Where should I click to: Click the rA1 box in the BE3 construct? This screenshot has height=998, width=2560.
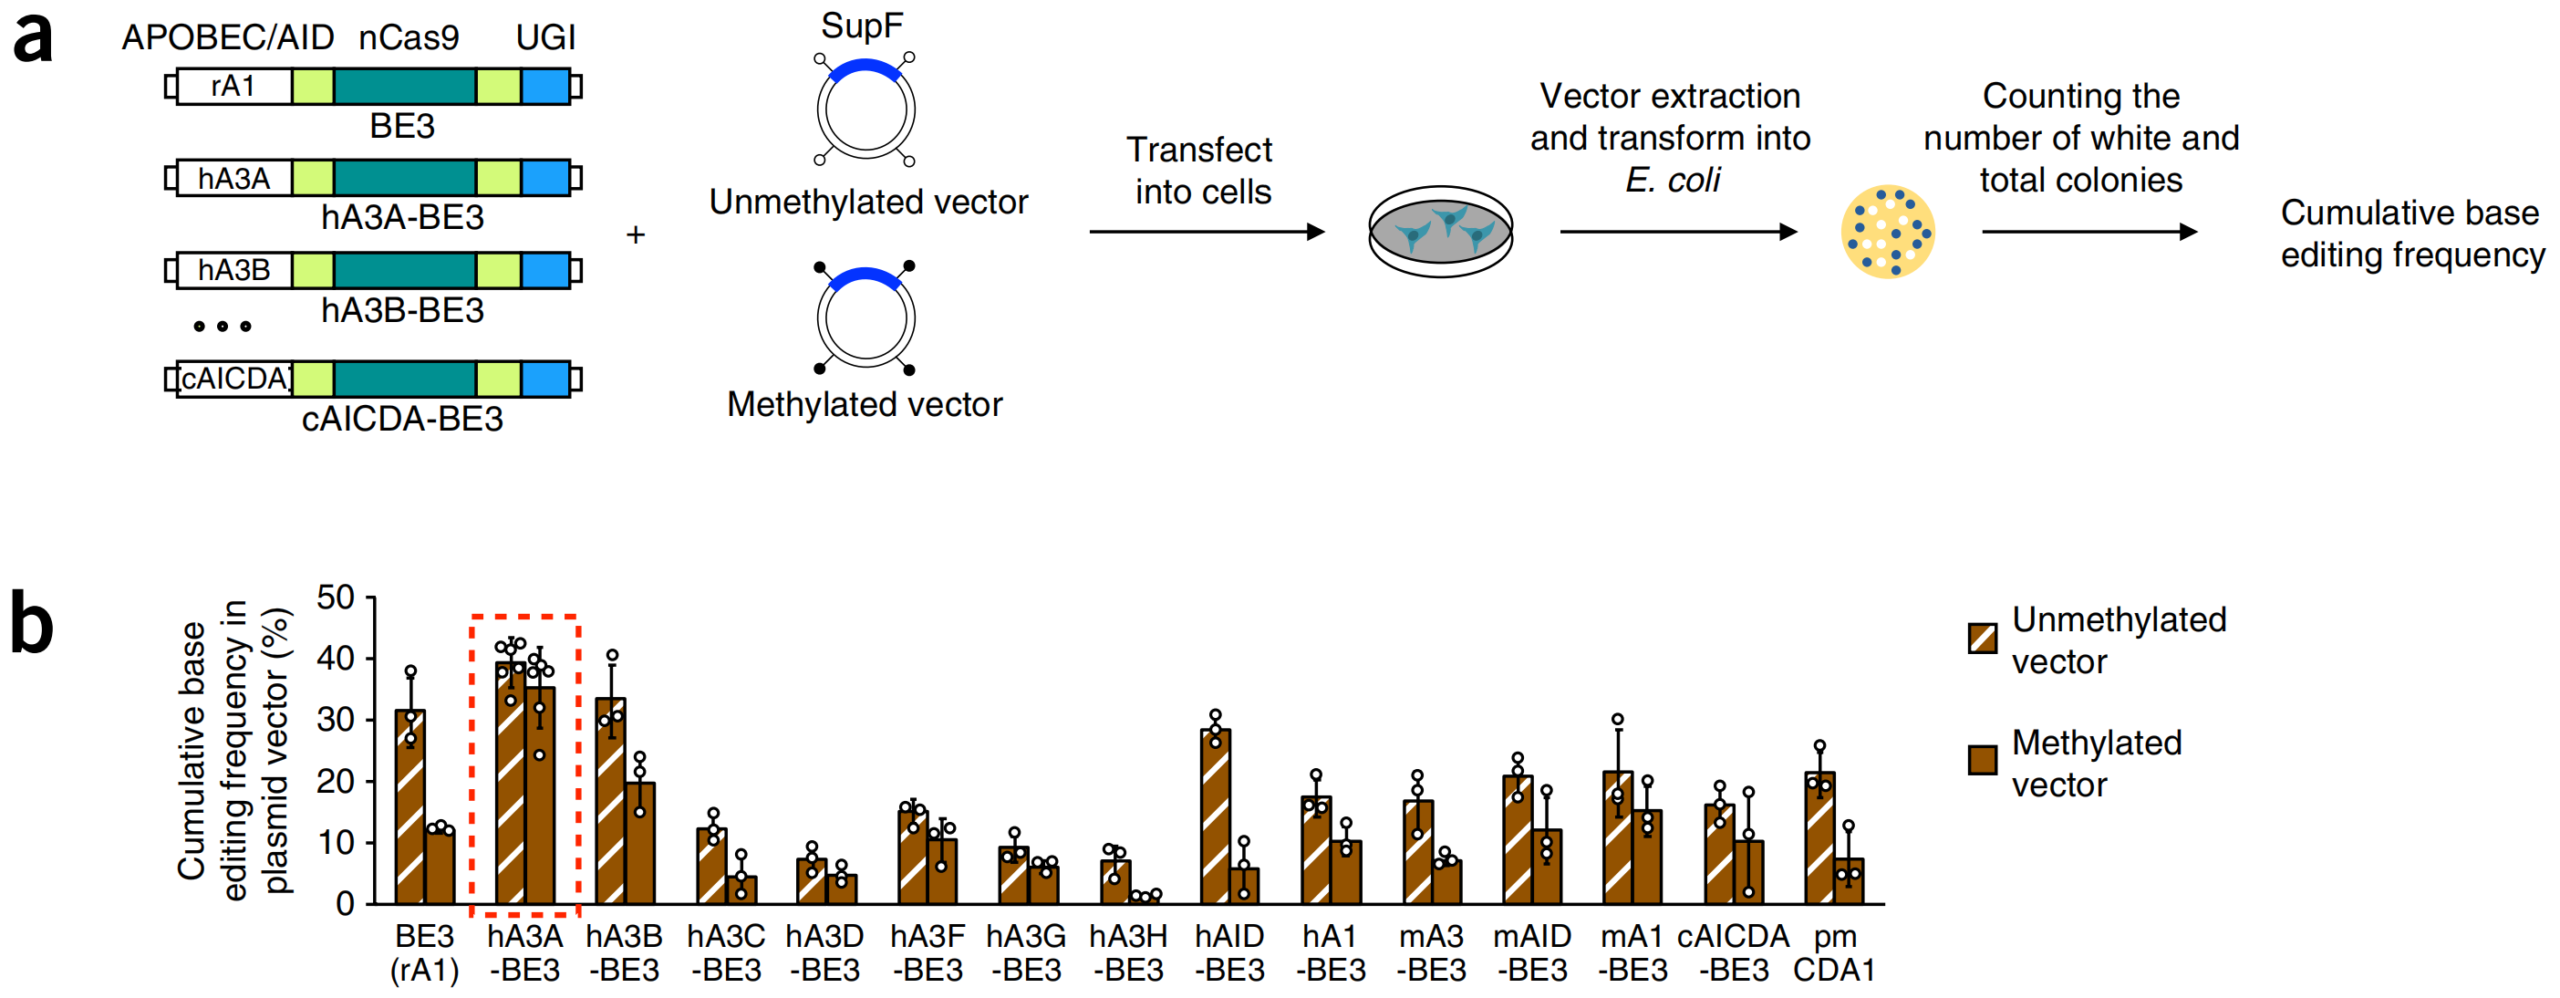(x=233, y=87)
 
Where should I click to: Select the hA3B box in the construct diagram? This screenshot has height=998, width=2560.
(x=233, y=270)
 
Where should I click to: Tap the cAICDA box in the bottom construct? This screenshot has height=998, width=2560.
(x=234, y=379)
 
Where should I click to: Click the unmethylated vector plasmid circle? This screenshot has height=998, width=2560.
(x=865, y=110)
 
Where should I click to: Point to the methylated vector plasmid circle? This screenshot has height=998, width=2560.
(x=865, y=318)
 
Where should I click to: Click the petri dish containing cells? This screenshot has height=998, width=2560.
(x=1440, y=232)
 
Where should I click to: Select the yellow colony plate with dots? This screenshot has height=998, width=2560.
(x=1887, y=232)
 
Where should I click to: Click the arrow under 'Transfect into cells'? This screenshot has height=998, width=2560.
(x=1207, y=232)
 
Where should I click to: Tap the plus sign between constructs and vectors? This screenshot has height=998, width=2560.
(x=636, y=234)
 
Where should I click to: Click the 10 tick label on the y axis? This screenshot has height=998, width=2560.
(x=336, y=843)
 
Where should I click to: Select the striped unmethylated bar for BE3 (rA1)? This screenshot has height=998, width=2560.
(x=410, y=806)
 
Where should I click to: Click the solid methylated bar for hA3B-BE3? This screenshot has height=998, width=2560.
(x=640, y=843)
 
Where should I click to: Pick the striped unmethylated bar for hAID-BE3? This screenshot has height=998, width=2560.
(x=1216, y=816)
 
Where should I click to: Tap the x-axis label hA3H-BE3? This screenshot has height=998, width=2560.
(x=1128, y=952)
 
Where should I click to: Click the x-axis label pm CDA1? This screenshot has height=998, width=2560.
(x=1833, y=952)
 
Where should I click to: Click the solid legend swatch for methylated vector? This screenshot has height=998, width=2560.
(x=1983, y=761)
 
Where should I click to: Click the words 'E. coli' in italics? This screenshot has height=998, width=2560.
(x=1673, y=180)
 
